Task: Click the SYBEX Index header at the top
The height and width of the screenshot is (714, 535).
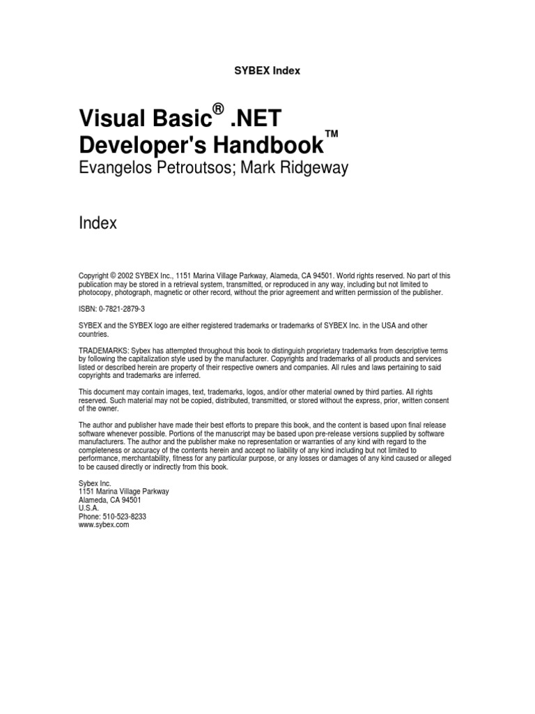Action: tap(267, 70)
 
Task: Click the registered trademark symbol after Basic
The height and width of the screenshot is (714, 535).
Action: tap(218, 109)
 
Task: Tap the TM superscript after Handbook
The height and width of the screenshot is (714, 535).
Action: tap(332, 134)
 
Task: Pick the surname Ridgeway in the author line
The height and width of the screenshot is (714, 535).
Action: tap(313, 168)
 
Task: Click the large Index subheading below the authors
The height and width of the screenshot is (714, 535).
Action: tap(98, 223)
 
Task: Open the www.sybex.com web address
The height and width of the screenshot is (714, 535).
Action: tap(104, 525)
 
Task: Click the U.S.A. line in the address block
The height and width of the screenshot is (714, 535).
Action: tap(89, 508)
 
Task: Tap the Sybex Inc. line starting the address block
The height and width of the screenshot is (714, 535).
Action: tap(95, 483)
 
